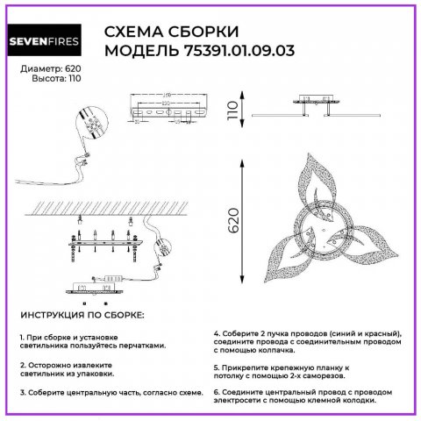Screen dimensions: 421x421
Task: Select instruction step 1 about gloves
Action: pos(92,341)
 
